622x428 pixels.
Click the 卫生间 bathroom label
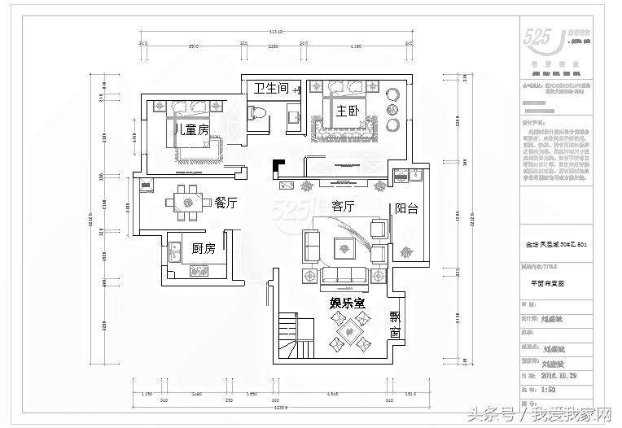point(271,89)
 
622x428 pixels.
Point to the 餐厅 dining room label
point(226,203)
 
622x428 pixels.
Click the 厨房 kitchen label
point(203,248)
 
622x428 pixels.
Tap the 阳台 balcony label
point(406,208)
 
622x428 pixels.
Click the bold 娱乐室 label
point(347,303)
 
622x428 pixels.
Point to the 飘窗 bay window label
point(395,325)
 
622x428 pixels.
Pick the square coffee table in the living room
point(342,244)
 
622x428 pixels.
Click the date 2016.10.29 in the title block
point(559,377)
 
